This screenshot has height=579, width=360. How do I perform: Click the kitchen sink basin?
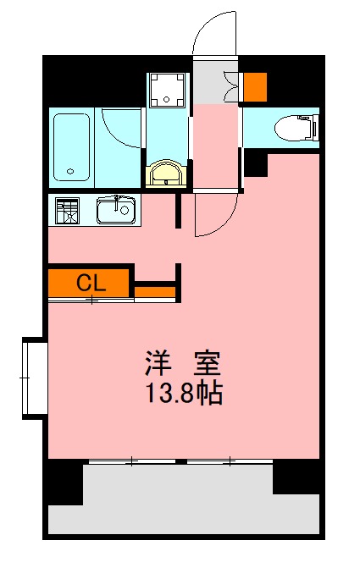pyautogui.click(x=114, y=210)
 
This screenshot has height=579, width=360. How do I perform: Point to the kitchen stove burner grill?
pyautogui.click(x=67, y=210)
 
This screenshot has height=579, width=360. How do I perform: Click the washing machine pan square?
pyautogui.click(x=169, y=89)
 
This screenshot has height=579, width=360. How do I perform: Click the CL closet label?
pyautogui.click(x=91, y=283)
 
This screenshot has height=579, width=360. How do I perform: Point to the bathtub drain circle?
pyautogui.click(x=70, y=172)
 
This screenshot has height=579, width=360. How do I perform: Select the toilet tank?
pyautogui.click(x=313, y=128)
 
